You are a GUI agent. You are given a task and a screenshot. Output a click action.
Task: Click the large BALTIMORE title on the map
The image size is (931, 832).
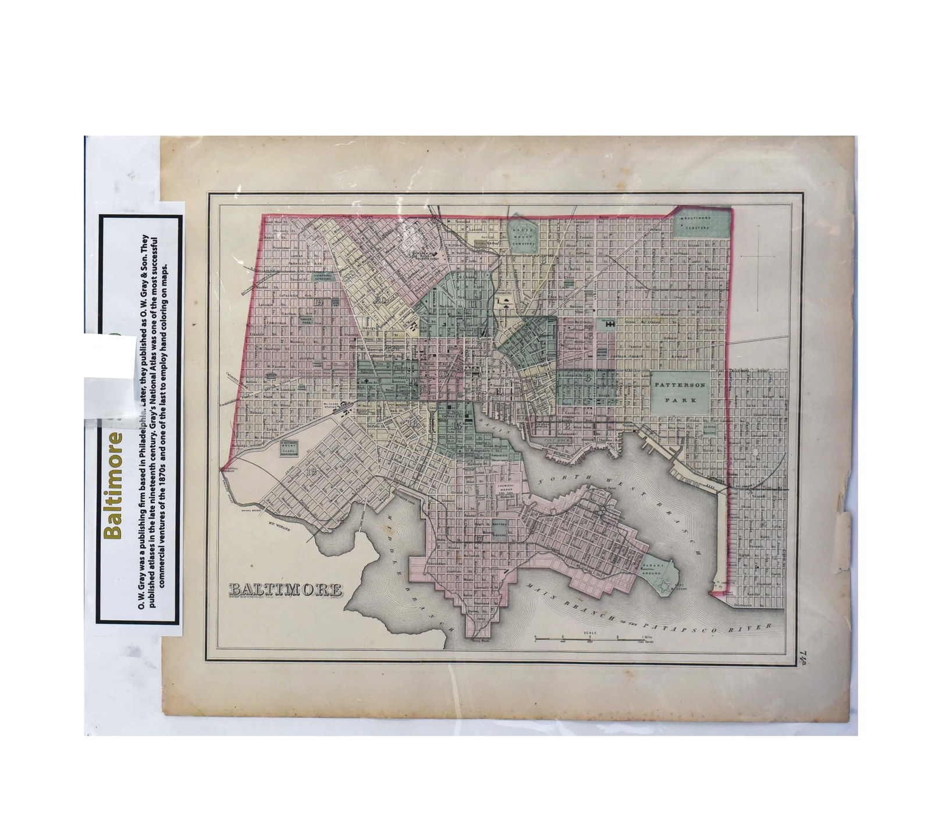pyautogui.click(x=286, y=589)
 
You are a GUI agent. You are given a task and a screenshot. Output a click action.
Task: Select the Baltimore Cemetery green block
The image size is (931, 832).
pyautogui.click(x=701, y=222)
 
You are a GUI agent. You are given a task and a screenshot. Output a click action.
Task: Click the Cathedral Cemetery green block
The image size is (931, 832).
pyautogui.click(x=323, y=277)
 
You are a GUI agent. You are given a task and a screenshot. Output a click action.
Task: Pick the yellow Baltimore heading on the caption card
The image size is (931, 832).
pyautogui.click(x=112, y=485)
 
